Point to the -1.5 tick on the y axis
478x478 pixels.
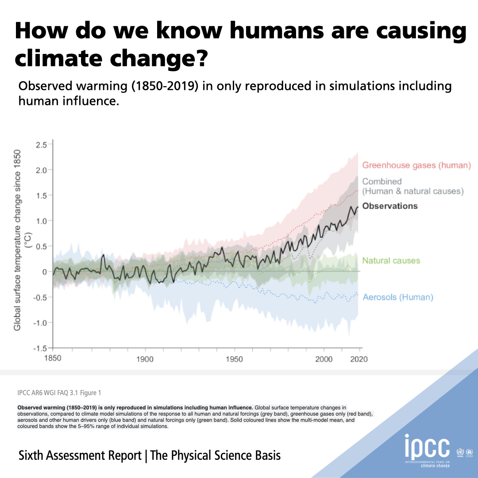40,348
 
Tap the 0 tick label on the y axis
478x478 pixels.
44,271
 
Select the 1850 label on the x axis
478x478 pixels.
53,358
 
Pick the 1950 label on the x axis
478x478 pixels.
234,359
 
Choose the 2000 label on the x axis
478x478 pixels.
323,359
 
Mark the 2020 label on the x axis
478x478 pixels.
358,359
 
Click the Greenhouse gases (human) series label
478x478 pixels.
416,166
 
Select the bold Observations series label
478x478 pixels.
389,206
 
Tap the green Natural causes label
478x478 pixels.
391,261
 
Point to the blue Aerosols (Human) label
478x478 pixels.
397,297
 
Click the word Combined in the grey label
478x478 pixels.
382,181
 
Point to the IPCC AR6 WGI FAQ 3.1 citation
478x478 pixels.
59,393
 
